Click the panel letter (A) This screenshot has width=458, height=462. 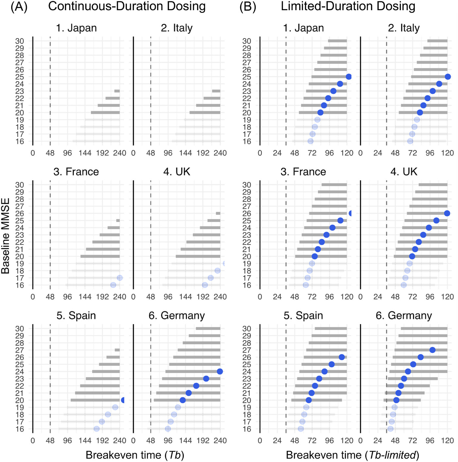tap(19, 7)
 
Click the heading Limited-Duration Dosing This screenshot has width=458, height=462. tap(348, 7)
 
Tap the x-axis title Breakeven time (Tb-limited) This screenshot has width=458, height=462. tap(352, 455)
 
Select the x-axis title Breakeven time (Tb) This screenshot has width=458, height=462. tap(135, 455)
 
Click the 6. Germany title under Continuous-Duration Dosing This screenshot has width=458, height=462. tap(177, 316)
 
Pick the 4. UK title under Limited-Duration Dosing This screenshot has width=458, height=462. tap(404, 172)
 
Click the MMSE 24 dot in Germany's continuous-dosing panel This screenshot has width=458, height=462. tap(220, 371)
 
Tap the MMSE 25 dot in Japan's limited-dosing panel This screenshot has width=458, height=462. tap(349, 77)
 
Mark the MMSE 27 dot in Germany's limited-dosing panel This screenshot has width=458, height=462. tap(432, 350)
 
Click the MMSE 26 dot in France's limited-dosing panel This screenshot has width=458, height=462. tap(351, 214)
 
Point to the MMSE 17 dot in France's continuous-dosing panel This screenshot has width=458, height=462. tap(120, 278)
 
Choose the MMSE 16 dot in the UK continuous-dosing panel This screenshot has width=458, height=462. tap(205, 285)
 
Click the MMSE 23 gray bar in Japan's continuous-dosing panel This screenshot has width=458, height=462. tap(117, 91)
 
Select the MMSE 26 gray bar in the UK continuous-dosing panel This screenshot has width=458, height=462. tap(218, 214)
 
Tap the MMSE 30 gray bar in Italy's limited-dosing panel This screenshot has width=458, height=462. tap(437, 41)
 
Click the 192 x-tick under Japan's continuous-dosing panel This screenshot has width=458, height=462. tap(102, 153)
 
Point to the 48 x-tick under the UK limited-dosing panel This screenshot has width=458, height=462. tap(395, 297)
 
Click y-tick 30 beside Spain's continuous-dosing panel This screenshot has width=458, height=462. tap(20, 329)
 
